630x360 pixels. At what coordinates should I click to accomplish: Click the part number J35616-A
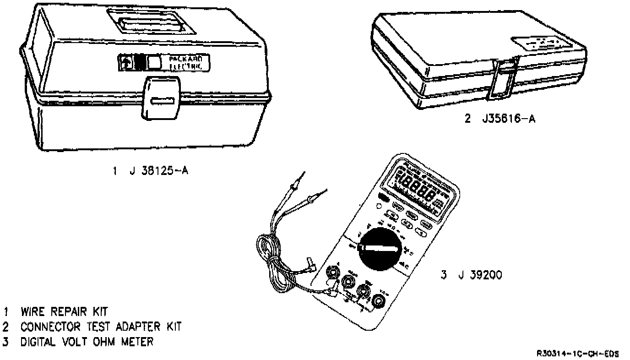[x=508, y=119]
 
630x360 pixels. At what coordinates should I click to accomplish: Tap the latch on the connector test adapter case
[x=503, y=78]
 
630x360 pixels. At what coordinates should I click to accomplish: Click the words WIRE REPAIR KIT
[x=64, y=312]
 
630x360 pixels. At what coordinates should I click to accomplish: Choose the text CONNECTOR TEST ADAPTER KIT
[x=101, y=327]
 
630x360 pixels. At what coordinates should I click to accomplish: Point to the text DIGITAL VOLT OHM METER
[x=87, y=342]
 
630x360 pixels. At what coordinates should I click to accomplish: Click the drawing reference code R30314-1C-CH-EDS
[x=578, y=354]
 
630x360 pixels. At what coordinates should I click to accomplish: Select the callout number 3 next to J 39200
[x=444, y=275]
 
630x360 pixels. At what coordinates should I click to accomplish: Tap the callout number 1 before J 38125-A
[x=115, y=171]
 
